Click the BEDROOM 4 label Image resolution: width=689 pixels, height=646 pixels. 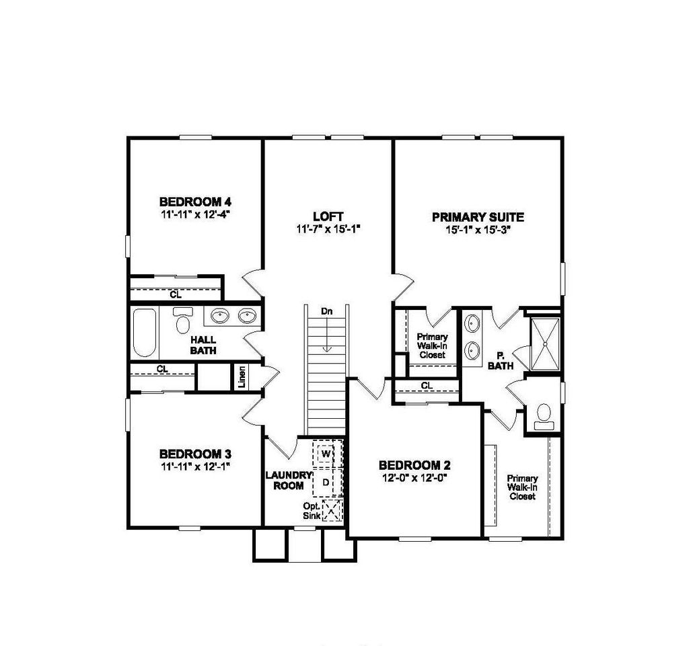pos(195,201)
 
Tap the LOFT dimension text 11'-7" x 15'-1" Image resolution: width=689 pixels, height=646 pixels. pos(328,229)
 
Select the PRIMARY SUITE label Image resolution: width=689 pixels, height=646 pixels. pos(478,217)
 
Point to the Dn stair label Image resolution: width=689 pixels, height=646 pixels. pos(327,312)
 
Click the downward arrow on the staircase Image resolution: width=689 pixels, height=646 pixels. pos(327,336)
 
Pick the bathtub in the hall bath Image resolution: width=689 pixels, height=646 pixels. pos(144,333)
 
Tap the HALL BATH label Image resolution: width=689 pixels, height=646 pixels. pos(203,346)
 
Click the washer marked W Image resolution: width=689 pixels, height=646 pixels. pos(326,455)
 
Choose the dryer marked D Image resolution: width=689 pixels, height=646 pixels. pos(326,482)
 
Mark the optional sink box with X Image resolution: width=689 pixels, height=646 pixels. pos(332,510)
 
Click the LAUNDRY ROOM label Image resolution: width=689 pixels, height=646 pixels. pos(289,481)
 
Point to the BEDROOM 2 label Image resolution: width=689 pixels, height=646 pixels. pos(414,465)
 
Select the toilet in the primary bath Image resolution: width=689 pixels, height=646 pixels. pos(543,416)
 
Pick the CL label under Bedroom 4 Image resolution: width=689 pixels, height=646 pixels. pos(175,294)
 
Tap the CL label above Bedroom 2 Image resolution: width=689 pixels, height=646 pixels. pos(426,386)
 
